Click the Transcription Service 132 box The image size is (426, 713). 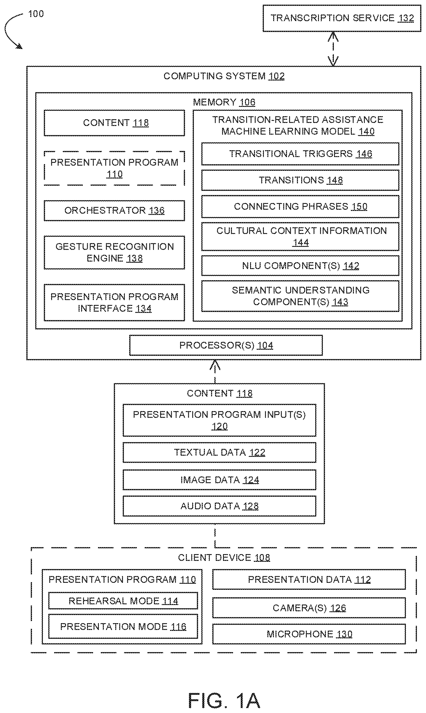pyautogui.click(x=342, y=18)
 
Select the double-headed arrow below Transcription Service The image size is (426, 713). pyautogui.click(x=333, y=49)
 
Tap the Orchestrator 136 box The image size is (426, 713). pyautogui.click(x=114, y=211)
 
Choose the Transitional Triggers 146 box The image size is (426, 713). pyautogui.click(x=300, y=154)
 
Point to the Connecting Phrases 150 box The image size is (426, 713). pyautogui.click(x=300, y=207)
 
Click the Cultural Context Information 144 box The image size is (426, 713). pyautogui.click(x=300, y=237)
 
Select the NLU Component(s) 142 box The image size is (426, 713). pyautogui.click(x=300, y=266)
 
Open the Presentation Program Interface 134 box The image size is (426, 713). pyautogui.click(x=114, y=303)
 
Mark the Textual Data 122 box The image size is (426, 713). pyautogui.click(x=220, y=453)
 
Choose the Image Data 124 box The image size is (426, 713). pyautogui.click(x=220, y=480)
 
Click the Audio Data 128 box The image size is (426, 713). pyautogui.click(x=220, y=506)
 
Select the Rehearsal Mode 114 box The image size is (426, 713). pyautogui.click(x=123, y=601)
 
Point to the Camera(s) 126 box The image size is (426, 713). pyautogui.click(x=309, y=608)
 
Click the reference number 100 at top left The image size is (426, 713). pyautogui.click(x=36, y=14)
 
